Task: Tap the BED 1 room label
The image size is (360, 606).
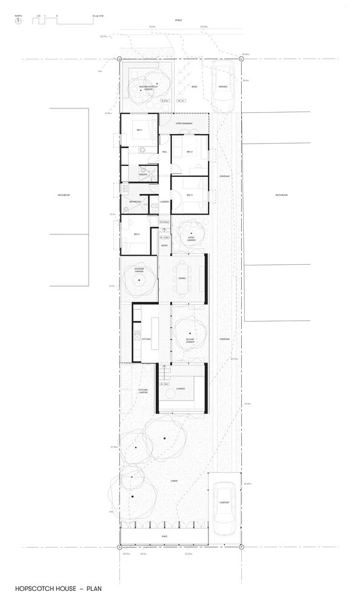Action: coord(139,131)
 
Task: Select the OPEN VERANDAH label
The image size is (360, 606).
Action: coord(184,124)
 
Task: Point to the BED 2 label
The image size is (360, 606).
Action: coord(189,151)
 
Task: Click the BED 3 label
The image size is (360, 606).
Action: coord(189,195)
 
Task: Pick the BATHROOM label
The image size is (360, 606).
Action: coord(135,202)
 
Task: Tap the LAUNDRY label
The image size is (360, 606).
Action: coord(164,202)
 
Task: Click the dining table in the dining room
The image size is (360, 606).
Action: coord(182,278)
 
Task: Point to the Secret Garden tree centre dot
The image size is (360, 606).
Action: coord(190,334)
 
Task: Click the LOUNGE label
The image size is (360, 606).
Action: coord(180,388)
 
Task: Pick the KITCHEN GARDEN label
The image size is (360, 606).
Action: coord(143,391)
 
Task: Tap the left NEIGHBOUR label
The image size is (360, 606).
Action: coord(62,195)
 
